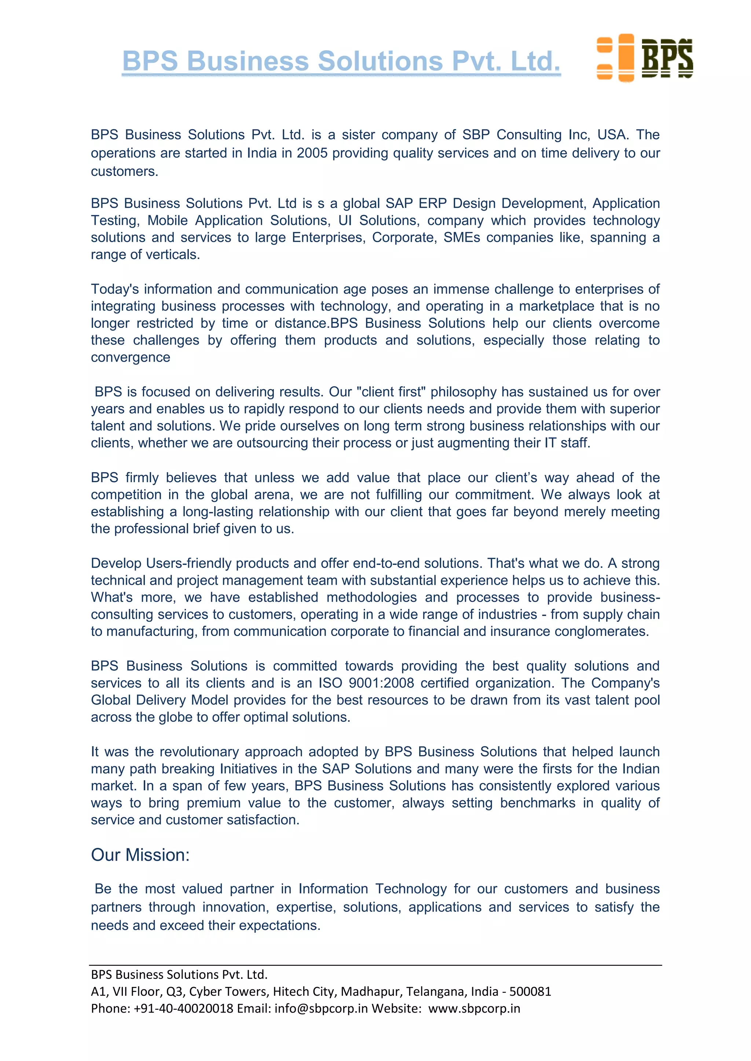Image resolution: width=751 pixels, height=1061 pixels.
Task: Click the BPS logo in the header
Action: click(x=645, y=58)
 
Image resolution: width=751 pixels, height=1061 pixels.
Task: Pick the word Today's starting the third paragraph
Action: click(x=115, y=289)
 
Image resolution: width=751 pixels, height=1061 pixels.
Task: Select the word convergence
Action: click(x=131, y=358)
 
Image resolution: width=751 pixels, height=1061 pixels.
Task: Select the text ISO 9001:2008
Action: click(x=366, y=683)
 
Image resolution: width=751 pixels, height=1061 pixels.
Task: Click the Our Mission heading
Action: click(x=140, y=855)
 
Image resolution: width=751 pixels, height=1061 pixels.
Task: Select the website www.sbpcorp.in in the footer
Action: click(x=474, y=1008)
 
